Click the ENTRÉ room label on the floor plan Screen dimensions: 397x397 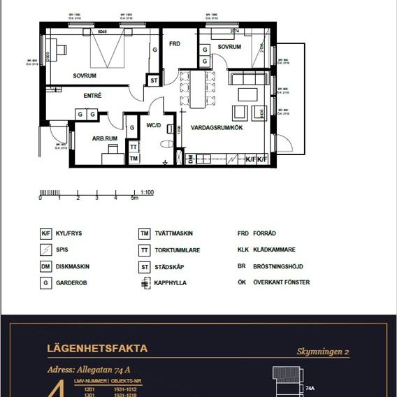[93, 95]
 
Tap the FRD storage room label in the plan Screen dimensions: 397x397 [175, 44]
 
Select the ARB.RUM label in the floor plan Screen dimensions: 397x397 [105, 138]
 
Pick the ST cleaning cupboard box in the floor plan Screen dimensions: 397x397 [154, 81]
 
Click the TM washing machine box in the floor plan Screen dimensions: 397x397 [133, 159]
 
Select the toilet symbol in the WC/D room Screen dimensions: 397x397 [166, 144]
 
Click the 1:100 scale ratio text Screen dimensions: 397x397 [147, 192]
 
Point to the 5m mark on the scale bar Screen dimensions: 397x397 [136, 199]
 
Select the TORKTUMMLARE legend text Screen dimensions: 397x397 [178, 250]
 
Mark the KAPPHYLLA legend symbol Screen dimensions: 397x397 [145, 283]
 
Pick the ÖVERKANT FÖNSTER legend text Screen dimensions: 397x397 [284, 282]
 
